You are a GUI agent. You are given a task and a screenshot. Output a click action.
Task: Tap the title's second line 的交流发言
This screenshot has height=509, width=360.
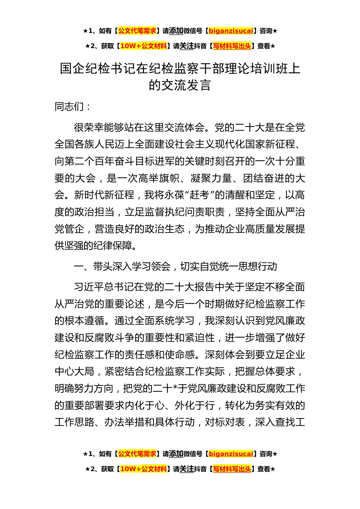point(180,85)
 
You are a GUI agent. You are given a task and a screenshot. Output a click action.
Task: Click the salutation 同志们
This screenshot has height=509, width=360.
point(69,106)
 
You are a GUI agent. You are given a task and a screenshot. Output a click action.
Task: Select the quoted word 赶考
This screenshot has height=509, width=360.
point(199,195)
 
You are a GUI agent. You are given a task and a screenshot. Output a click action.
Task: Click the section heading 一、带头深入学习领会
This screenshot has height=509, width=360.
point(122,267)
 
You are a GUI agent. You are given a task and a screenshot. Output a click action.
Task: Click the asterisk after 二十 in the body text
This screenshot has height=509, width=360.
point(175,389)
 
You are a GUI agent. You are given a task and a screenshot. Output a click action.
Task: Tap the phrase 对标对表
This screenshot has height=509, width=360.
point(225,422)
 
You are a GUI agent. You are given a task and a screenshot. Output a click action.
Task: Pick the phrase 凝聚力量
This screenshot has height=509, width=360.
point(211,178)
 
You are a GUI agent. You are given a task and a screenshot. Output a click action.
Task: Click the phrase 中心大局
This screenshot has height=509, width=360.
point(74,372)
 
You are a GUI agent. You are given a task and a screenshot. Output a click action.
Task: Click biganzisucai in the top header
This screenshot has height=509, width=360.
point(231,31)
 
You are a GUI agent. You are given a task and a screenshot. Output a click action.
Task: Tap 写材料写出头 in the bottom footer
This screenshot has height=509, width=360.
point(232,469)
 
